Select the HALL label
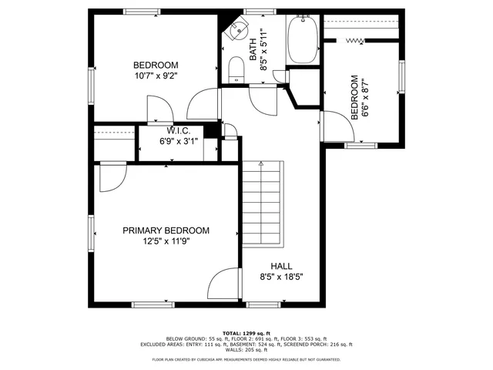[280, 266]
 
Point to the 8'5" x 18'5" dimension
[281, 277]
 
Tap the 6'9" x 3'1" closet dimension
[179, 141]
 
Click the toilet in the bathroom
[236, 73]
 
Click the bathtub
[302, 40]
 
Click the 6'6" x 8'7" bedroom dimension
[365, 98]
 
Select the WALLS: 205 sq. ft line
[246, 351]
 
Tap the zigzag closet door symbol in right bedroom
[355, 40]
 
